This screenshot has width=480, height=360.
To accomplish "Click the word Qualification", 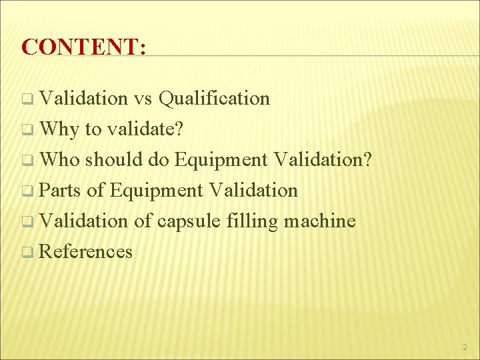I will (215, 99).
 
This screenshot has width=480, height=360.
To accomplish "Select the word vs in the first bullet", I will (143, 99).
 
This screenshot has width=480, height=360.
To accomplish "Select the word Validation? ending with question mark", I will (323, 160).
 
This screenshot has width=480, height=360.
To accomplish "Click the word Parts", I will (59, 191).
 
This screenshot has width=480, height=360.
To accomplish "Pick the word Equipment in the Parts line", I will (156, 191).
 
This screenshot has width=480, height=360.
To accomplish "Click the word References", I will (86, 252).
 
